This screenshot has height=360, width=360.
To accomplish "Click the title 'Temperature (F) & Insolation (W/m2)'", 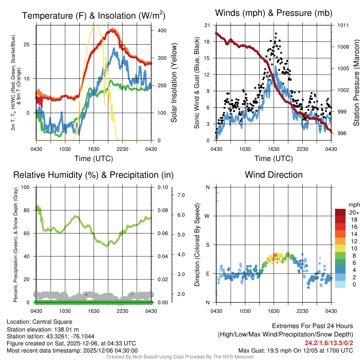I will tap(94, 15).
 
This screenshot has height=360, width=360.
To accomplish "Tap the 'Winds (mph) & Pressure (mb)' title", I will tap(274, 13).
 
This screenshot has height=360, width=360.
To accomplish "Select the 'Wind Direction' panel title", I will tap(274, 175).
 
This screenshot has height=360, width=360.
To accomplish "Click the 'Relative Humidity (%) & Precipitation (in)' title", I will tap(94, 175).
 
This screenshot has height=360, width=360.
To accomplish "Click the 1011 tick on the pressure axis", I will tap(343, 25).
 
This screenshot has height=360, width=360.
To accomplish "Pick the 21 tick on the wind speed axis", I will tap(207, 25).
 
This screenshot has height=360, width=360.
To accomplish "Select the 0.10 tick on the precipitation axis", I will tap(162, 187).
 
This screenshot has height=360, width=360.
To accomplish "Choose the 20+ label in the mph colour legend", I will tap(354, 212).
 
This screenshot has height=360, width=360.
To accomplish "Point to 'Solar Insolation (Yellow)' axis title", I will tap(174, 83).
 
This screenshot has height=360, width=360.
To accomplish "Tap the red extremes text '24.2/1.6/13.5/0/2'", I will tap(329, 343).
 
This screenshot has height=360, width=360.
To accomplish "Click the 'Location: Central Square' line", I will tap(39, 322).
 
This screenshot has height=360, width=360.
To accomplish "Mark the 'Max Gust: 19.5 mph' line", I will tap(295, 351).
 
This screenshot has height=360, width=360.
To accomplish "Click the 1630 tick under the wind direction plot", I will tap(274, 310).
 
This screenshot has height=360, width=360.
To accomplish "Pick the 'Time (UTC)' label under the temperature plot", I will tap(94, 159).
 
